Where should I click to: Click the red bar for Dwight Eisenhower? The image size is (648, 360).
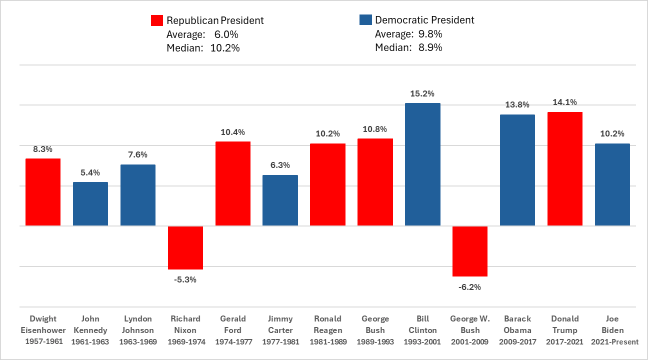pos(43,192)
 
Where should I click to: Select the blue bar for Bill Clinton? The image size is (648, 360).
pos(422,164)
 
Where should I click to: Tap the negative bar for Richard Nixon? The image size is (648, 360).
pos(185,247)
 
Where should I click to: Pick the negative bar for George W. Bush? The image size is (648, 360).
pos(469,251)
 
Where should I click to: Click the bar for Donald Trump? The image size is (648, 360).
pos(564,169)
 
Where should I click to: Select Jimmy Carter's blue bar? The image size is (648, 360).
pos(280,200)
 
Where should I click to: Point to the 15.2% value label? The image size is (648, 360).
pos(422,93)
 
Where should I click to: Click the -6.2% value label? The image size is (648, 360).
pos(469,287)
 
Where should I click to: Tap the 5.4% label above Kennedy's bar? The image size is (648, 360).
pos(90,172)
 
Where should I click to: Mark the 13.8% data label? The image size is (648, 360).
pos(517,105)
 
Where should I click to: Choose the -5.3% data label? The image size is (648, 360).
pos(185,279)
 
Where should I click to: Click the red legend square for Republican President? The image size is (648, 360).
pos(157,20)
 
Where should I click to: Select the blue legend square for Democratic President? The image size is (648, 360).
pos(365,20)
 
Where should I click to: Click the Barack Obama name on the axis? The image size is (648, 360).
pos(517,324)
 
